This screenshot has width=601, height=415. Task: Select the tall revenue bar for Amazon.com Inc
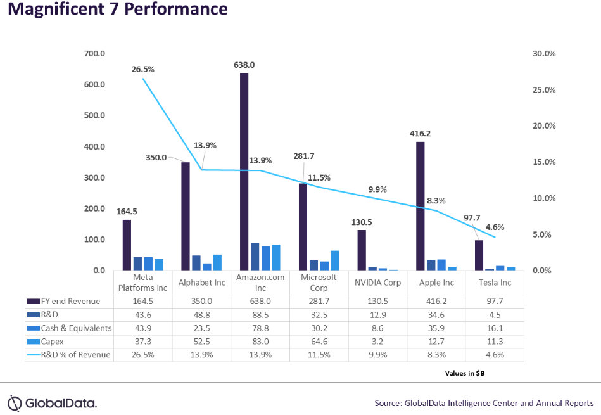pyautogui.click(x=244, y=171)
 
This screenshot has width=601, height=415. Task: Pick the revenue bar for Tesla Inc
pyautogui.click(x=479, y=255)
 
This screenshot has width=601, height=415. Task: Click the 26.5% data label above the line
pyautogui.click(x=142, y=70)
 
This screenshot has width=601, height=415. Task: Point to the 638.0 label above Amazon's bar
pyautogui.click(x=244, y=65)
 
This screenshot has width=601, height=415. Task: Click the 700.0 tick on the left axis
pyautogui.click(x=94, y=54)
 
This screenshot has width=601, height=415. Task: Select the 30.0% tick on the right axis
pyautogui.click(x=544, y=54)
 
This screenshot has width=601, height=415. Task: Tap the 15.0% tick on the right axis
pyautogui.click(x=544, y=162)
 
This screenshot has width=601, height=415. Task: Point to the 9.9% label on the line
pyautogui.click(x=377, y=189)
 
